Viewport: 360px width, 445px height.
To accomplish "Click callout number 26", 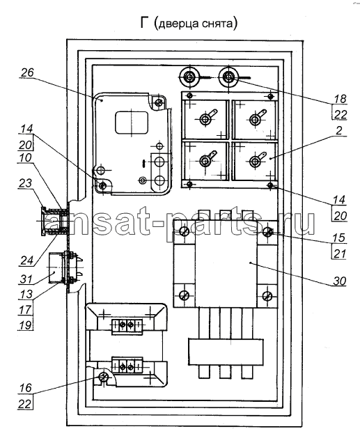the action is tap(27, 72).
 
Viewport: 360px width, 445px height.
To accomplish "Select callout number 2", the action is tap(339, 130).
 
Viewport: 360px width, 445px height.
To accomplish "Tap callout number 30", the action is tap(339, 281).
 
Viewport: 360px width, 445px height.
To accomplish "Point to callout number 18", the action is tap(340, 98).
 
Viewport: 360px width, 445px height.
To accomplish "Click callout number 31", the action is tap(26, 279).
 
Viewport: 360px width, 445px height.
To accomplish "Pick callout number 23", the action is tap(25, 183).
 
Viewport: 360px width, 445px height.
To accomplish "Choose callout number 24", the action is tap(26, 260).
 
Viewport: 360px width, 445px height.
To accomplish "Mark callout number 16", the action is tap(26, 388).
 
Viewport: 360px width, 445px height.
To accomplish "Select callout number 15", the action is tap(339, 238).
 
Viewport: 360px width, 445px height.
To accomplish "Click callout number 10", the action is tap(25, 157).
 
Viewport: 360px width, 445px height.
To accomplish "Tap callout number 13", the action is tap(26, 295).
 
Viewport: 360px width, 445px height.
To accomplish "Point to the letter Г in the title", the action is tap(145, 23).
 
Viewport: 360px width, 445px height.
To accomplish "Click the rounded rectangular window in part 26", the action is tap(132, 123).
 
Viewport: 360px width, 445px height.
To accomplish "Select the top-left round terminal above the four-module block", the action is tap(189, 77).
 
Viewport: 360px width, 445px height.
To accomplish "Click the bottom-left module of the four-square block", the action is tap(205, 161).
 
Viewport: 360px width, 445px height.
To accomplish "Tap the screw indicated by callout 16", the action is tap(104, 377).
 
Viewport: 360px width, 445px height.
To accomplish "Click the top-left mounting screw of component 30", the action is tap(185, 231).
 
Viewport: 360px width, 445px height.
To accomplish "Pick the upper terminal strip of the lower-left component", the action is tap(127, 324).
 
